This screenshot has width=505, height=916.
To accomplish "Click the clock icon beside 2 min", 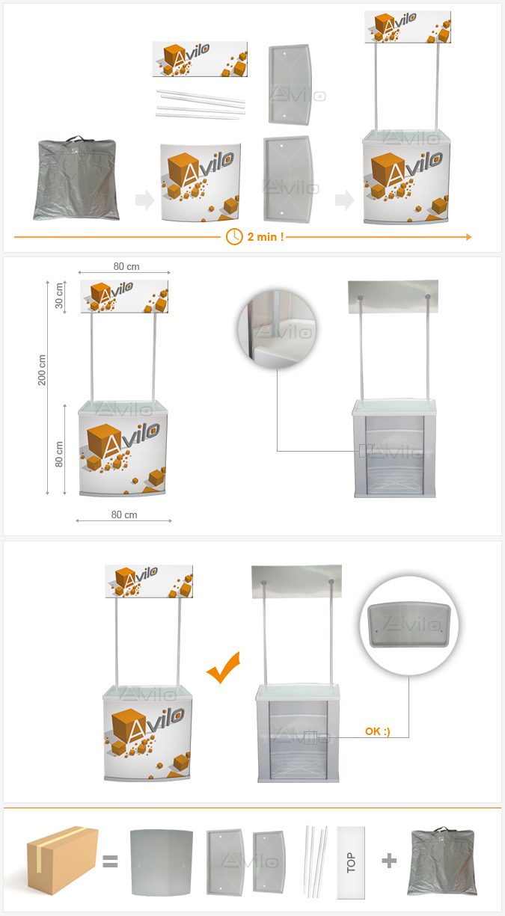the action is point(234,237).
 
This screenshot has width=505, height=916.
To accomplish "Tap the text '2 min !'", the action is point(266,237).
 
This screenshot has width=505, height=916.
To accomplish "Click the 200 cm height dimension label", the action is point(42,369).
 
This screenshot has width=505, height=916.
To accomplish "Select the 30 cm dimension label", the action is point(59,295).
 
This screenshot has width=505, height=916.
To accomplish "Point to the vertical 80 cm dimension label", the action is point(59,454).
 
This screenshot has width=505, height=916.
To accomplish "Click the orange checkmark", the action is point(224,667).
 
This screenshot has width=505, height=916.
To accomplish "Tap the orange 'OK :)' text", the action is point(377,731).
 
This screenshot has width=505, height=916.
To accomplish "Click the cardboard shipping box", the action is point(63,860).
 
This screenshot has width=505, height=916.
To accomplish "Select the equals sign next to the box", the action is point(110,861).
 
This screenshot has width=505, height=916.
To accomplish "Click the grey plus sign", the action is point(389,861).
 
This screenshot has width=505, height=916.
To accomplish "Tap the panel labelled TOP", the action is point(351,862).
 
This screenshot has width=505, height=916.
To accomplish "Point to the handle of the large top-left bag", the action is point(75,138).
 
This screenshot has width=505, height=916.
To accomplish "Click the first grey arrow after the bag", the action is point(145,200).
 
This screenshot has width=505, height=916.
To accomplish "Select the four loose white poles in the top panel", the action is point(201,104).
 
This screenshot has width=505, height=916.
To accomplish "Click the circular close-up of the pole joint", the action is point(277,329).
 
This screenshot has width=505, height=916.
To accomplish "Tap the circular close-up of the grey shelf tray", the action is point(409,625).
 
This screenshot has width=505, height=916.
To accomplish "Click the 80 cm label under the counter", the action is point(124,514).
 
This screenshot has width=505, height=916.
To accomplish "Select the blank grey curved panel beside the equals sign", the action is point(162,862).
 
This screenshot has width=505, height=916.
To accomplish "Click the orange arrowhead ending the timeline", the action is point(469,237).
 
